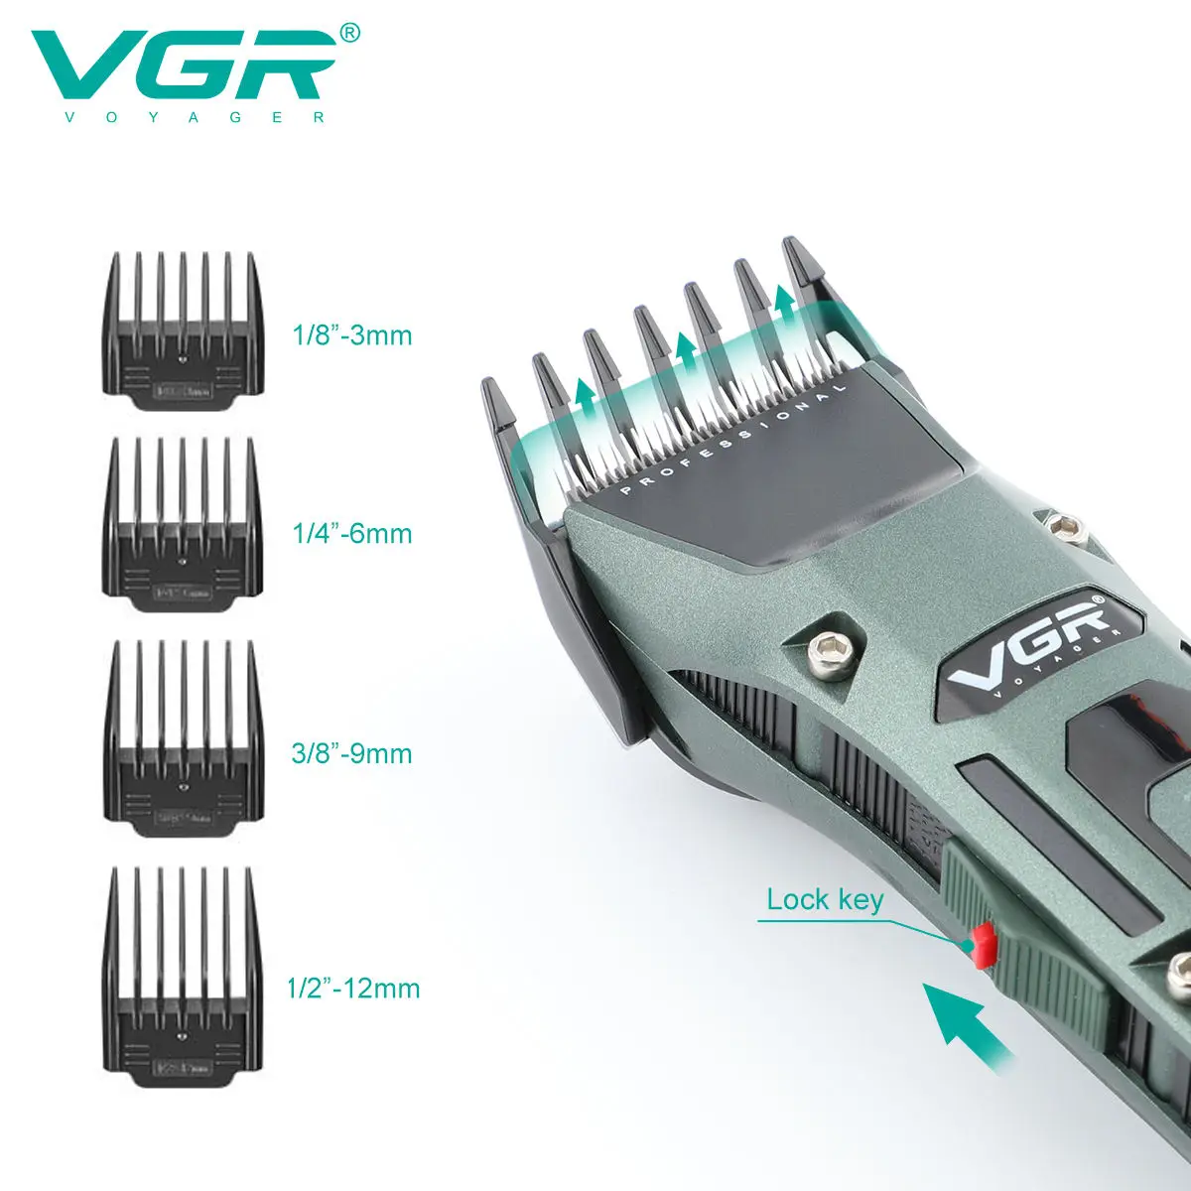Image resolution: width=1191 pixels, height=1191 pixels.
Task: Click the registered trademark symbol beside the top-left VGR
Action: [x=350, y=34]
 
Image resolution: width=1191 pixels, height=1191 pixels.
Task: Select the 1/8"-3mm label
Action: [x=351, y=334]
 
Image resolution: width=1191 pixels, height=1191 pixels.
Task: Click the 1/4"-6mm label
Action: [x=351, y=533]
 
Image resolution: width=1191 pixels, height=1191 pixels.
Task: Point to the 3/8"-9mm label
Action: [x=351, y=752]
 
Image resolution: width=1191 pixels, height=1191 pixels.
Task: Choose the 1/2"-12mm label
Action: [x=353, y=988]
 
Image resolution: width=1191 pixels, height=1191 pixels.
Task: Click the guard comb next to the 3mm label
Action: [x=184, y=332]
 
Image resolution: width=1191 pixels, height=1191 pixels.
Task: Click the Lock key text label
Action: [x=824, y=900]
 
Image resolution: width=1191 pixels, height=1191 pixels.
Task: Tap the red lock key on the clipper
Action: [x=983, y=945]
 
